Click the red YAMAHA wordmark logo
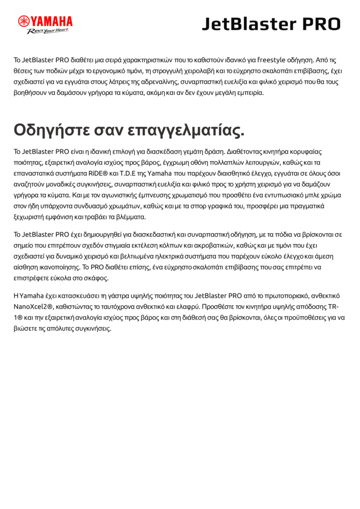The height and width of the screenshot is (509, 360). coord(52,21)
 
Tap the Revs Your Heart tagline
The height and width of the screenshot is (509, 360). coord(48,31)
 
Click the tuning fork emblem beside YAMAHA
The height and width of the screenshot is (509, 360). coord(24,21)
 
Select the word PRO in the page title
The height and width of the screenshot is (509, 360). coord(321,24)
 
